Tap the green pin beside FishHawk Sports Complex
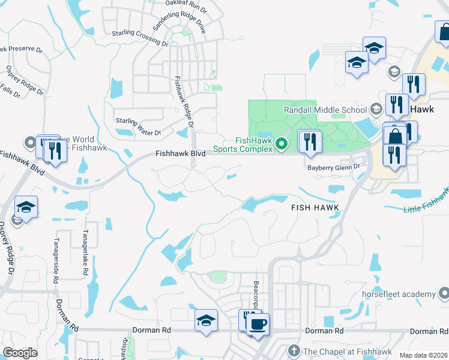283,143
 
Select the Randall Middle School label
325,110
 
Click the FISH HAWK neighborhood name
316,207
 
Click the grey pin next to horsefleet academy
443,294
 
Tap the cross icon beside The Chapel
294,350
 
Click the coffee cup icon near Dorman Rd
258,325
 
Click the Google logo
19,353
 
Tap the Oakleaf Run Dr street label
186,6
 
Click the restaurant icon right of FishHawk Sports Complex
310,142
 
